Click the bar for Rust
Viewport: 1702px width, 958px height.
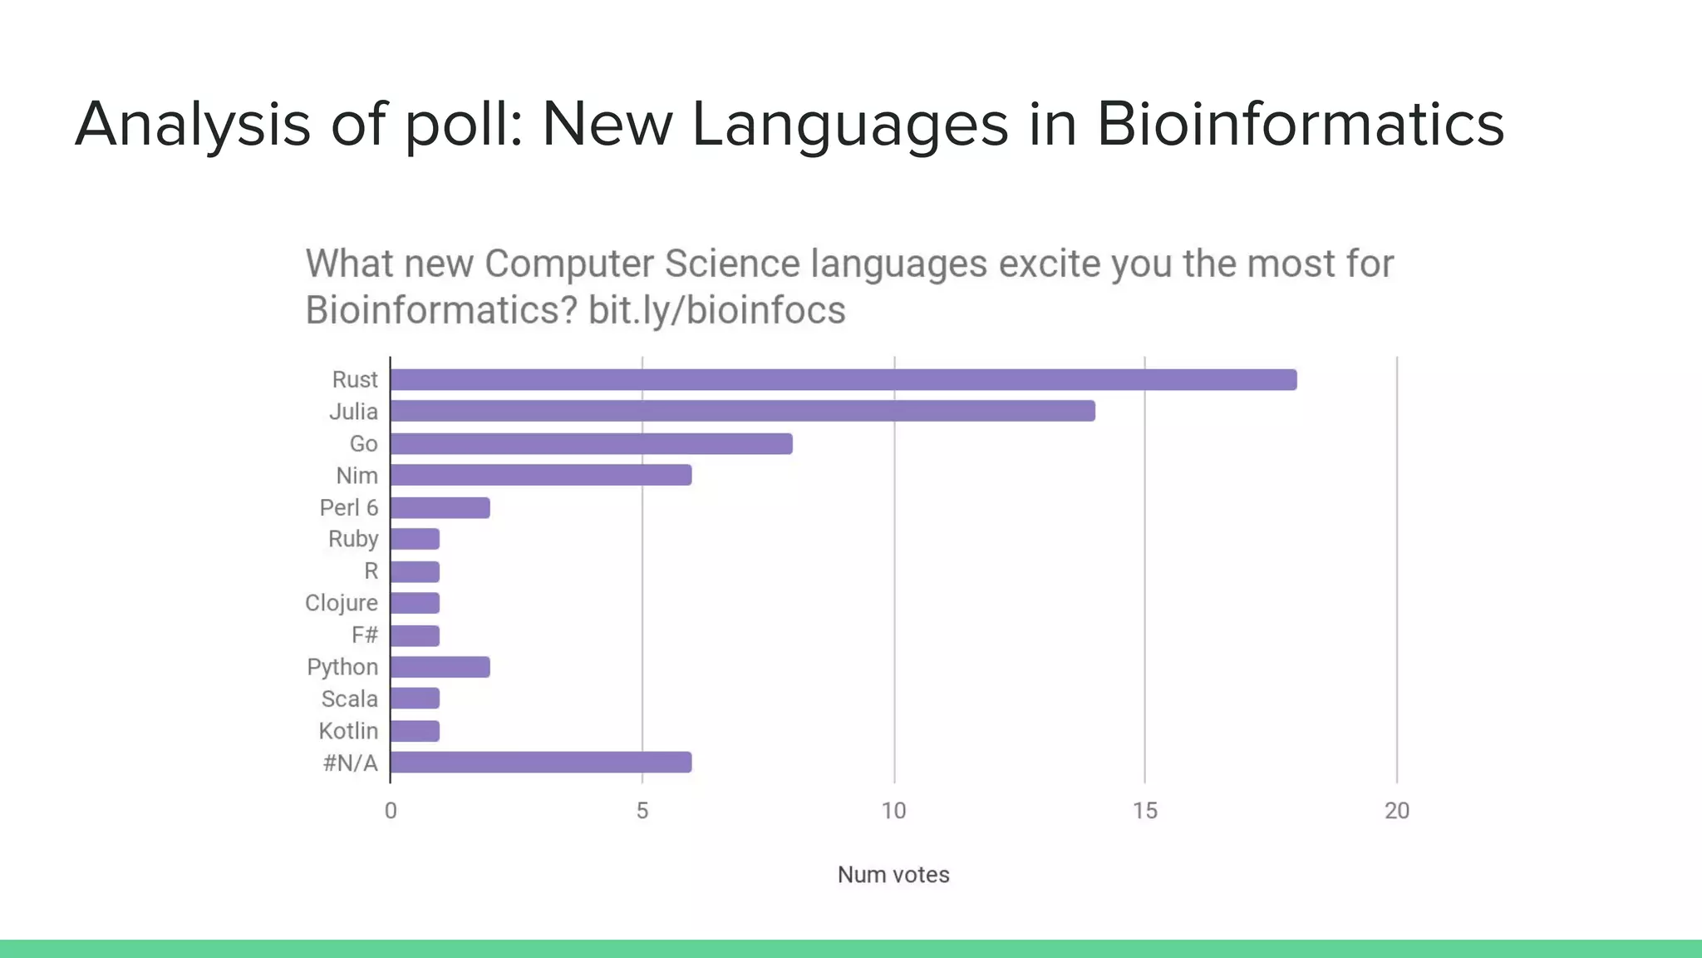(x=843, y=380)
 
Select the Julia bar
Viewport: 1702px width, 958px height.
(x=742, y=411)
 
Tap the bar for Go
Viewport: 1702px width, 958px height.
(x=591, y=443)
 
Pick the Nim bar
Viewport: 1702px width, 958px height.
(x=540, y=475)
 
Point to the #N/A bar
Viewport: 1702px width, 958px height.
(x=540, y=762)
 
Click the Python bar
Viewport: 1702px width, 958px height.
(x=440, y=667)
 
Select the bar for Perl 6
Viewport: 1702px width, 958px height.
(x=440, y=507)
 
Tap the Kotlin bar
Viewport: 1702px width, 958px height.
(x=415, y=731)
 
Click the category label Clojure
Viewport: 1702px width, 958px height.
(x=342, y=603)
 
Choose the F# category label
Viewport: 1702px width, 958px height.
(x=365, y=635)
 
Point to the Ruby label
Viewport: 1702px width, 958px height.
(x=353, y=539)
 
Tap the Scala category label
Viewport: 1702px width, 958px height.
(x=350, y=699)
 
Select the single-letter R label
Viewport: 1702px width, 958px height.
(x=371, y=571)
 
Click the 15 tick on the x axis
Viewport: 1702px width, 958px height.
(x=1144, y=811)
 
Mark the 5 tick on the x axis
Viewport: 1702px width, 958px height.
(x=642, y=811)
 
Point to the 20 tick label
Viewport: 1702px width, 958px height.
(x=1396, y=811)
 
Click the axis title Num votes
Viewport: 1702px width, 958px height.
(x=893, y=875)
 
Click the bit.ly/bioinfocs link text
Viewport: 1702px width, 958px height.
(x=716, y=310)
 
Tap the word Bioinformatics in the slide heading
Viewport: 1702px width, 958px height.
(x=1300, y=125)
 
